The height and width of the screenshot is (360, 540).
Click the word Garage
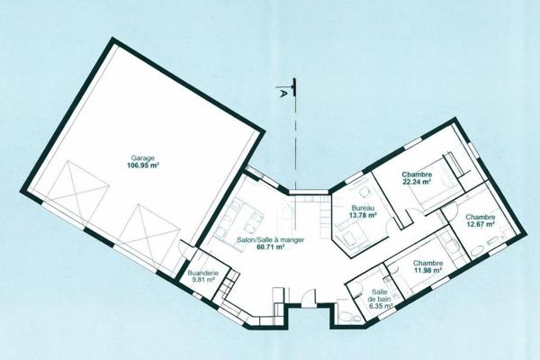(143, 157)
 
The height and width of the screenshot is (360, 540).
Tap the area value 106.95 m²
(143, 166)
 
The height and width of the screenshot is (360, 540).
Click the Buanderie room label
(202, 273)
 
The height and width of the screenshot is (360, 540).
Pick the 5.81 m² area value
(202, 281)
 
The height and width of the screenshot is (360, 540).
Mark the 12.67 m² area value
(481, 225)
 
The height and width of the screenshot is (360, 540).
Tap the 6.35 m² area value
(377, 307)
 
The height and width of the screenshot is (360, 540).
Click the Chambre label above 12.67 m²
(481, 217)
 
